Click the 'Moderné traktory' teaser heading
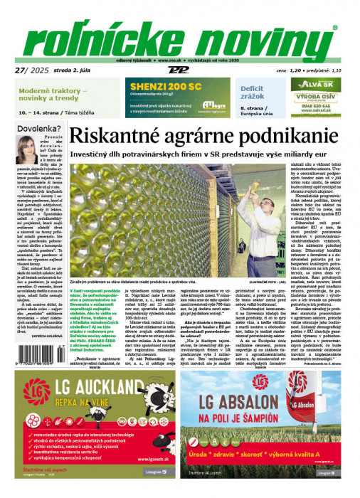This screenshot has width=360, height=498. (54, 93)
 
